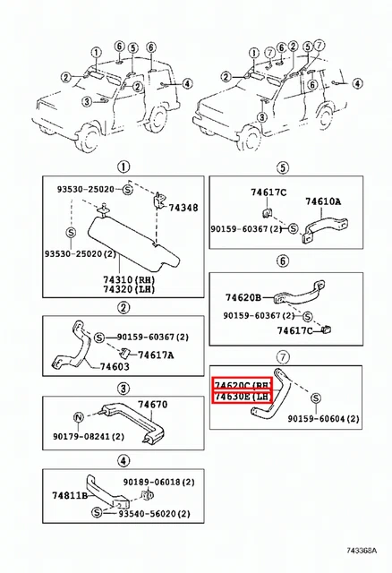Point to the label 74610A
click(x=323, y=202)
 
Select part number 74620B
click(x=243, y=296)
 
